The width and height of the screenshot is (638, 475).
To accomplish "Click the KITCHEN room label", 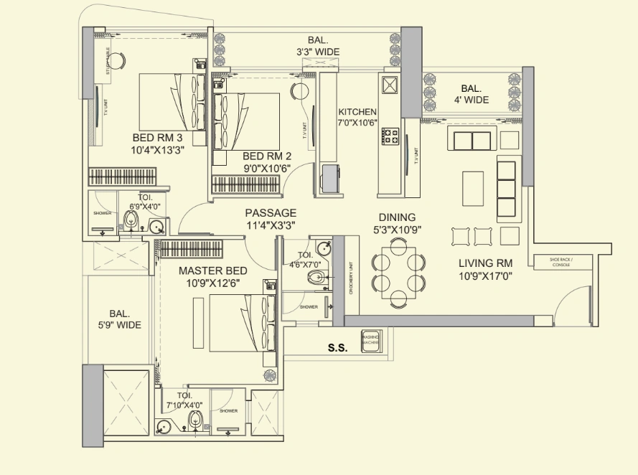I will [357, 112].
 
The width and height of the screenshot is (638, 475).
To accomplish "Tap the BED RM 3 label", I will [157, 138].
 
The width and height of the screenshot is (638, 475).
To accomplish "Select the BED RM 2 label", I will [267, 156].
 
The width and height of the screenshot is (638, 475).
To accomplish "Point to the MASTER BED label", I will [212, 271].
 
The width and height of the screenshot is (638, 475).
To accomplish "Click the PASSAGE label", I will [271, 213].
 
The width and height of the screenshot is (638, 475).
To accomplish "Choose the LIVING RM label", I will [485, 263].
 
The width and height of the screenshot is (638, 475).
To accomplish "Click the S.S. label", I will [337, 348].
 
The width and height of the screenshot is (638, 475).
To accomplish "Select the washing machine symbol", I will [371, 340].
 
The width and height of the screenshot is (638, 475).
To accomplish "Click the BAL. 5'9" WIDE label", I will [120, 319].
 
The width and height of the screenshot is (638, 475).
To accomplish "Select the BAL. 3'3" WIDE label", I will [318, 46].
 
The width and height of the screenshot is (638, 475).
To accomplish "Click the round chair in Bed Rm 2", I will [299, 91].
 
